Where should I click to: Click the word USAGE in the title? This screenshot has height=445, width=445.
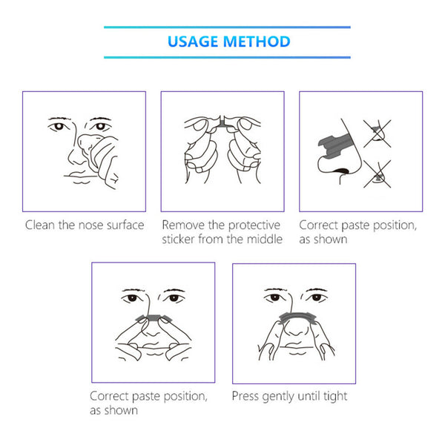coord(193,42)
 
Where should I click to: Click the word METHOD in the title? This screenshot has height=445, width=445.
coord(257,42)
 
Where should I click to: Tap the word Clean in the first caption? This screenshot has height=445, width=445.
coord(40,225)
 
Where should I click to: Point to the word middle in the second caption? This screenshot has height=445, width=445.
coord(265,239)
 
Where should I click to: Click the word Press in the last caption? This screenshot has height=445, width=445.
coord(245,396)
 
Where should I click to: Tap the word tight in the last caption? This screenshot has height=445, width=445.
coord(335,397)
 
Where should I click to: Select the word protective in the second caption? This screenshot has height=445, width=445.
coord(254,225)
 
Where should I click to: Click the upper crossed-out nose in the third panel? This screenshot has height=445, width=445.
coord(378,133)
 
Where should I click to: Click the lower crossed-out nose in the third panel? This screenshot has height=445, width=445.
coord(378,174)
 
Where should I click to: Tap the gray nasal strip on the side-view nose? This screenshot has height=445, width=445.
coord(335,145)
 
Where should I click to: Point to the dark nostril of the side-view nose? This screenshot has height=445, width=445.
coord(341,171)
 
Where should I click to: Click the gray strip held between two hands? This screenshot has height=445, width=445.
coord(222,122)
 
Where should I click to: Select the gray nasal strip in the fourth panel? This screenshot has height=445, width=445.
coord(154,318)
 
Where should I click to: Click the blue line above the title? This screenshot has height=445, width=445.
coord(228,27)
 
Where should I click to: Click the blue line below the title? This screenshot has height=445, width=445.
coord(228,57)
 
